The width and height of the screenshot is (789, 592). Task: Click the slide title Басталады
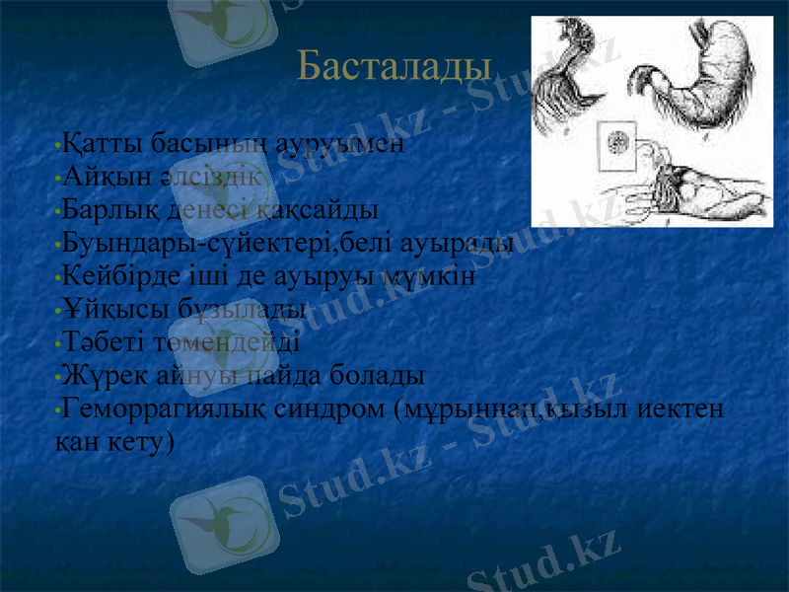coord(394,66)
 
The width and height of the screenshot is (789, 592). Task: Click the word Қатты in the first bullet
coord(96,144)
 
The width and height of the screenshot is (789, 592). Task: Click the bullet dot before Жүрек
coord(59,379)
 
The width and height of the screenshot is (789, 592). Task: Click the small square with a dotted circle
coord(620,143)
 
